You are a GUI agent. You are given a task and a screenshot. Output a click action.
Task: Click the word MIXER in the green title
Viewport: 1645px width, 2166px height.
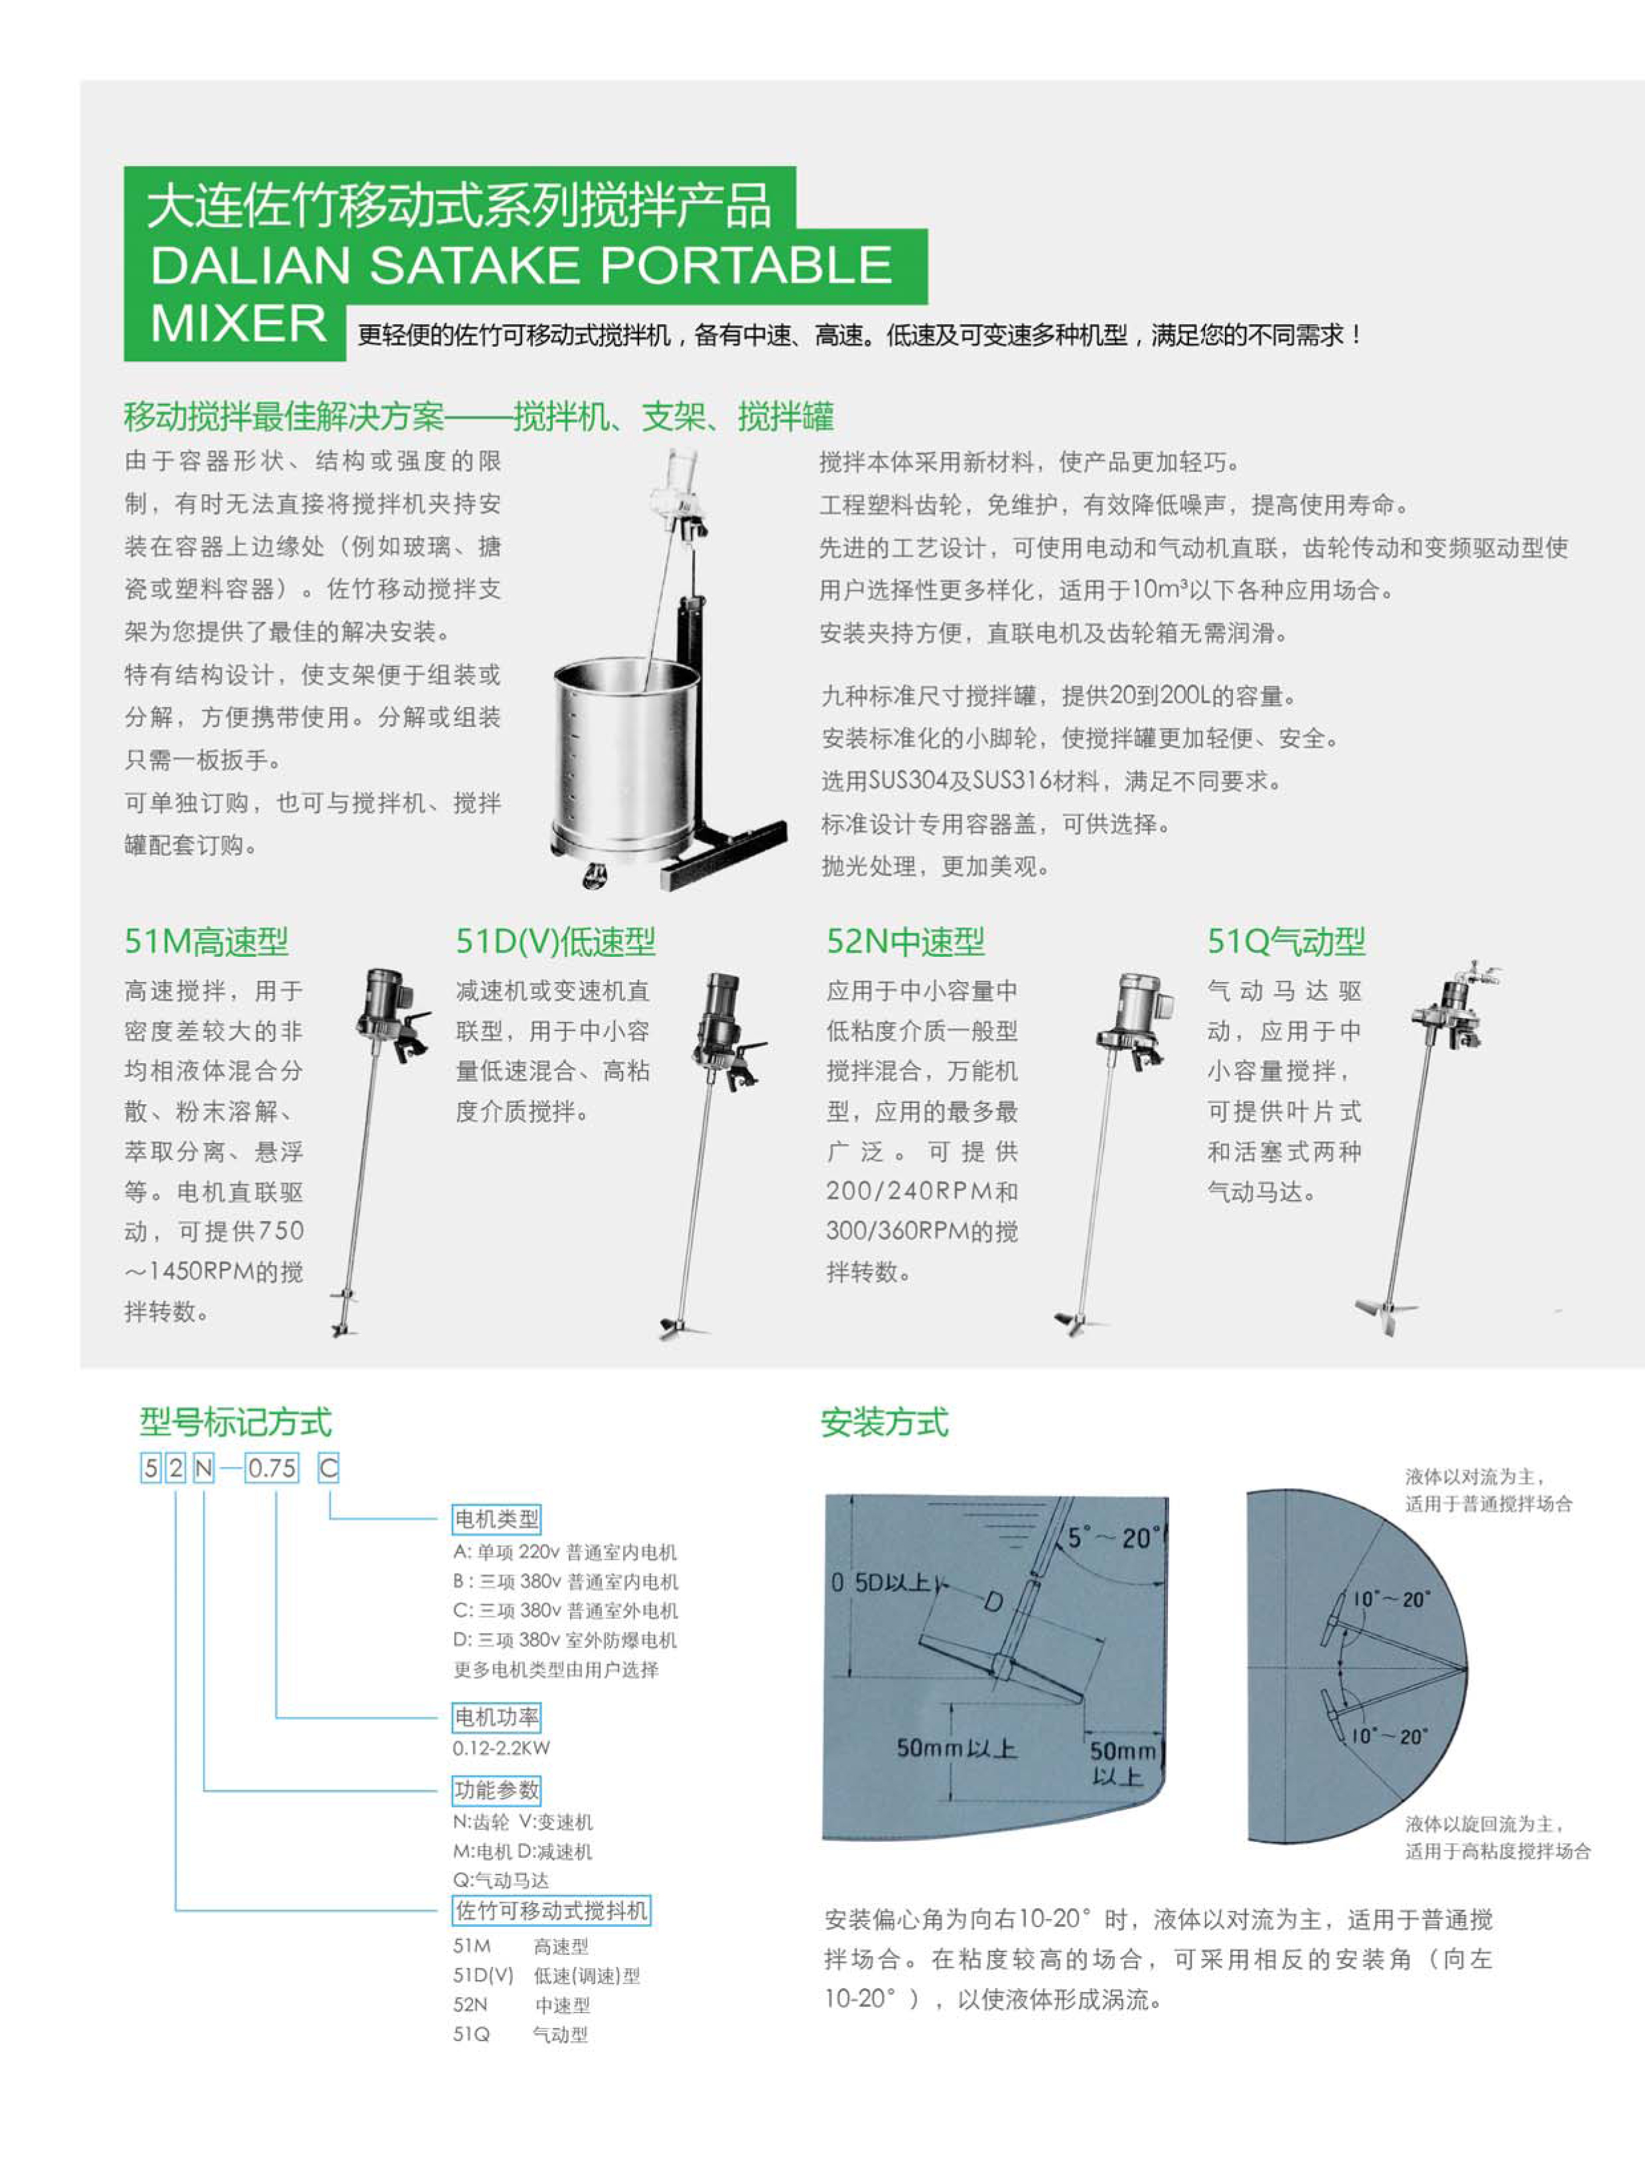pos(238,324)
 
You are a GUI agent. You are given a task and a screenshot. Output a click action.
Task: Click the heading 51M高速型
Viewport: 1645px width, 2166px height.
pos(206,942)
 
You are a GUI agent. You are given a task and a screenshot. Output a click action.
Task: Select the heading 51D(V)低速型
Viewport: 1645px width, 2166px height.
pos(555,942)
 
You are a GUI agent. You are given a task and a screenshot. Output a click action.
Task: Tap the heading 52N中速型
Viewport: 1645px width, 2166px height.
pos(904,942)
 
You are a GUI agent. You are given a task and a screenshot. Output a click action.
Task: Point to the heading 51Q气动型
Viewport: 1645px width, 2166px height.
pos(1285,942)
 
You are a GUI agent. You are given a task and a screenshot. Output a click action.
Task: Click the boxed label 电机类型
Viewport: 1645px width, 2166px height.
pos(496,1519)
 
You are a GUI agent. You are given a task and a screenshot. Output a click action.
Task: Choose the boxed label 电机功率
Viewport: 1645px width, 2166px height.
pos(496,1717)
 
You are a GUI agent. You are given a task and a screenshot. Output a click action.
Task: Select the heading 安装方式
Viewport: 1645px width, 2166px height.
pos(884,1422)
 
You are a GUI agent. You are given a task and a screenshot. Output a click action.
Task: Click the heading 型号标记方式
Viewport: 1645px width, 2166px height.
pos(235,1422)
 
